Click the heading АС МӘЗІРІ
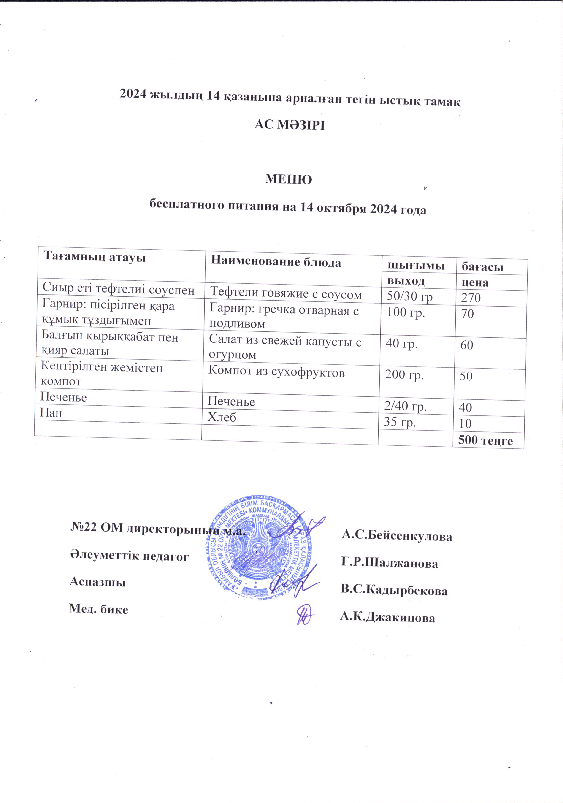(x=289, y=125)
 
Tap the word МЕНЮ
(x=289, y=179)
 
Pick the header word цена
(x=475, y=283)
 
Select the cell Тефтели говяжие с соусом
(x=285, y=294)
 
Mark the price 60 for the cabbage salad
(x=466, y=345)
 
